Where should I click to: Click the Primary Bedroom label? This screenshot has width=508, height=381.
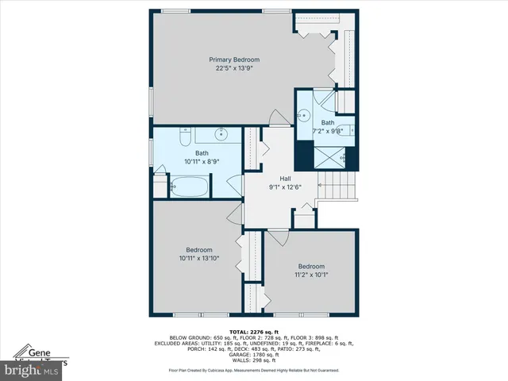pyautogui.click(x=234, y=60)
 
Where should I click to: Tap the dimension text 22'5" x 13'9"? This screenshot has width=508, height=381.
pyautogui.click(x=234, y=68)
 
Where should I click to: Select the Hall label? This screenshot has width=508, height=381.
pyautogui.click(x=285, y=179)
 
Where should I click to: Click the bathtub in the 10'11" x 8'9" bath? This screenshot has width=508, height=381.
pyautogui.click(x=189, y=188)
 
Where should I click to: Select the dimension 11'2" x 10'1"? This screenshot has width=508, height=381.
pyautogui.click(x=311, y=275)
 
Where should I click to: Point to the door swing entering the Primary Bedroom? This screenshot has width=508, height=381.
pyautogui.click(x=277, y=117)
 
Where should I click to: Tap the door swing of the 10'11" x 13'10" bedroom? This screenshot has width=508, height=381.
pyautogui.click(x=235, y=212)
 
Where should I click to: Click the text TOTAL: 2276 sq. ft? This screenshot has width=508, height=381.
pyautogui.click(x=253, y=331)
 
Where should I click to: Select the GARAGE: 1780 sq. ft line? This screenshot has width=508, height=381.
pyautogui.click(x=253, y=355)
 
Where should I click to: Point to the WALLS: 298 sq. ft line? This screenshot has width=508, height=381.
pyautogui.click(x=253, y=360)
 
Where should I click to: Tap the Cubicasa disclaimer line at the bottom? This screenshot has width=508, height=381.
pyautogui.click(x=253, y=370)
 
